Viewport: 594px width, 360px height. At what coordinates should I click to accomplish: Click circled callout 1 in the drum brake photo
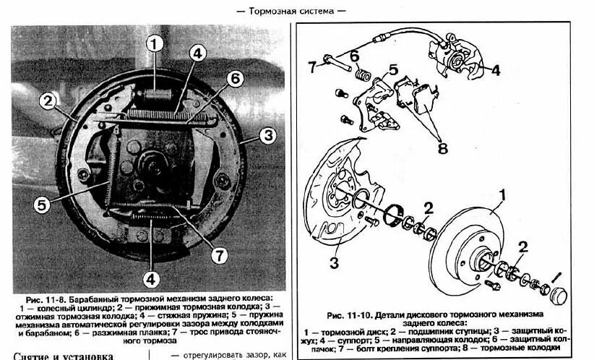tap(153, 43)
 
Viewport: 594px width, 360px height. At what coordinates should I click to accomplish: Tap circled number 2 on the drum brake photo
tap(48, 100)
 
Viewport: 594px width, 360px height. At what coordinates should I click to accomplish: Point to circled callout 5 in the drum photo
tap(43, 204)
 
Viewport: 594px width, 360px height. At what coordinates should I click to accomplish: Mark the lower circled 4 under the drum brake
tap(150, 277)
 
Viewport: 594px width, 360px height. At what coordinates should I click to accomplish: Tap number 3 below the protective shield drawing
tap(335, 262)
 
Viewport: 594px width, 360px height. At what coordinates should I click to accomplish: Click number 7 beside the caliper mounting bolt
tap(312, 67)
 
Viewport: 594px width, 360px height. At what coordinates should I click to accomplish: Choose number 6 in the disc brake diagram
tap(355, 56)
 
